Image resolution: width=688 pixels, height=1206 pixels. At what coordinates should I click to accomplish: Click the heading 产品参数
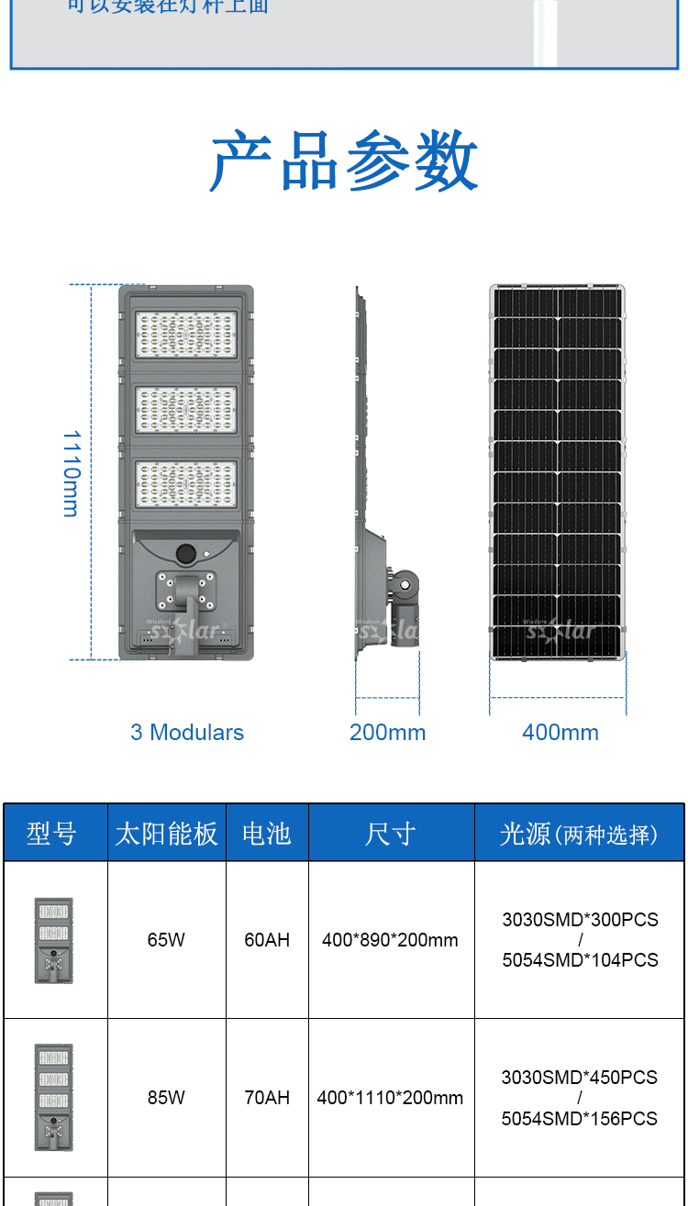pos(344,160)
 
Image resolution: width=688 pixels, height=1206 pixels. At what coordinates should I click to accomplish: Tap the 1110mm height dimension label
pos(72,473)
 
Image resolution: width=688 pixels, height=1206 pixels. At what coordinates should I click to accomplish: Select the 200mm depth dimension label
pos(387,733)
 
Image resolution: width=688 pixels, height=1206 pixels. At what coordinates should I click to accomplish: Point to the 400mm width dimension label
pos(560,733)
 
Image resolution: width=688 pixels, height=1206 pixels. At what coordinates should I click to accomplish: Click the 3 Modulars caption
pos(187,733)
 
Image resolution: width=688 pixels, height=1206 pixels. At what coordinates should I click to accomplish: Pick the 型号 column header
pos(51,834)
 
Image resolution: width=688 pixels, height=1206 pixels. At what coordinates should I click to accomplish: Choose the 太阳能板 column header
pos(166,834)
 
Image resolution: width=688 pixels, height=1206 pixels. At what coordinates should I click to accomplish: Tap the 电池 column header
pos(266,834)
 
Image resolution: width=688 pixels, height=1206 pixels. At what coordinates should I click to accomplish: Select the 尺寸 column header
pos(390,834)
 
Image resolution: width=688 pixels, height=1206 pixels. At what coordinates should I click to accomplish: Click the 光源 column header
pos(579,834)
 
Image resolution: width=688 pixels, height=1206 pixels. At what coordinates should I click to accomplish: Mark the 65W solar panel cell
pos(166,940)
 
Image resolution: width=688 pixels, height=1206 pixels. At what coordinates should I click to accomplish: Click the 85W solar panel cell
pos(166,1098)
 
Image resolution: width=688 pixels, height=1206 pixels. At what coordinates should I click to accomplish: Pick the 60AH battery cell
pos(267,940)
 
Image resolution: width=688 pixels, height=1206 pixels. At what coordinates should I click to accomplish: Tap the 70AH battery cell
pos(267,1098)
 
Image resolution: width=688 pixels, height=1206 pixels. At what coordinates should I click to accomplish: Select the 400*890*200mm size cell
pos(390,940)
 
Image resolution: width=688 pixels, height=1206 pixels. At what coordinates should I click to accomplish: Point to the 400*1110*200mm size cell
pos(390,1098)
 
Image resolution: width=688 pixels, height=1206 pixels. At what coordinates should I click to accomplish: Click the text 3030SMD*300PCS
pos(580,920)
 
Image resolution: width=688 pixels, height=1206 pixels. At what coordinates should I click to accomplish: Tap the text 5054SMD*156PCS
pos(580,1119)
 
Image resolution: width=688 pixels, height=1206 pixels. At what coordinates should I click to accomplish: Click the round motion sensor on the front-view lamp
pos(186,554)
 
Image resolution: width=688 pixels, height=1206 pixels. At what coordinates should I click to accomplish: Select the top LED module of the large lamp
pos(186,336)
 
